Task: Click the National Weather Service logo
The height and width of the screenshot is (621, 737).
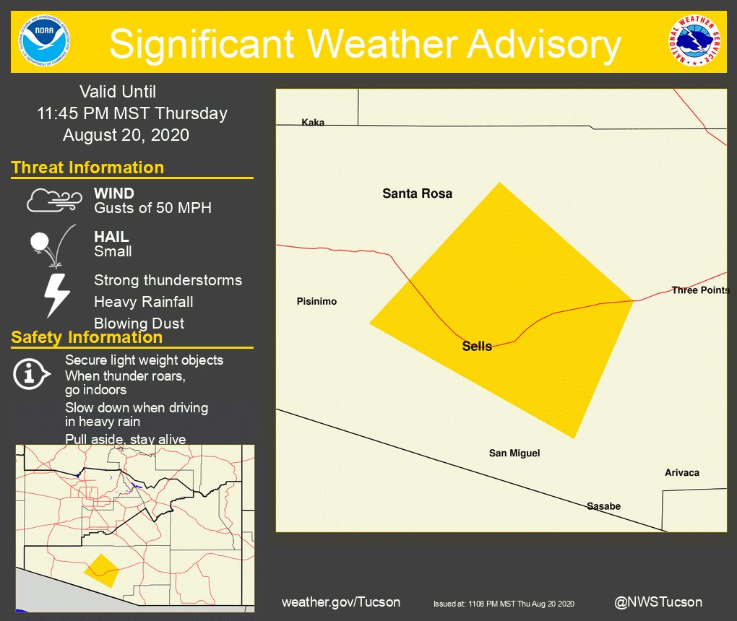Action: point(694,40)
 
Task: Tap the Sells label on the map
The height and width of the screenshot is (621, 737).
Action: point(477,347)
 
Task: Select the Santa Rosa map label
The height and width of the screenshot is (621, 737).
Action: point(417,194)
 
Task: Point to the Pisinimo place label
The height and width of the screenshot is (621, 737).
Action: point(316,302)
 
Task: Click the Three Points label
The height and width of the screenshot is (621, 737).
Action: point(700,290)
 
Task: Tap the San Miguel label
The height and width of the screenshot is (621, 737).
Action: point(514,453)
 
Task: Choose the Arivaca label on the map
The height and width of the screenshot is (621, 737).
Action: point(682,473)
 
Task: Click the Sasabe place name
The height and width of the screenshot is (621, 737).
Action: point(603,506)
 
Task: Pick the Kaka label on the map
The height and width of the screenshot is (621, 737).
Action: point(313,123)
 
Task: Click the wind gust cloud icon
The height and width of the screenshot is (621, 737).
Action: point(54,201)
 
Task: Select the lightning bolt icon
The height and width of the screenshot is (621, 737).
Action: point(57,295)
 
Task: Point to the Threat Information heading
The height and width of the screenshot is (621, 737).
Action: point(87,168)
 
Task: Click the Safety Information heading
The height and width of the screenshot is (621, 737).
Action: point(87,337)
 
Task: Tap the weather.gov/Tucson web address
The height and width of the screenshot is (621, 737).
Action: point(341,602)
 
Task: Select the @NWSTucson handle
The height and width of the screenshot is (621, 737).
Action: point(658,602)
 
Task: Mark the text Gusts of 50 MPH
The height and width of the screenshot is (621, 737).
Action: point(152,209)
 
